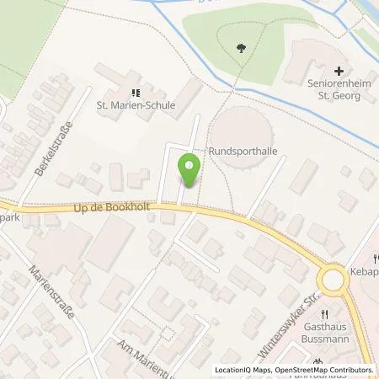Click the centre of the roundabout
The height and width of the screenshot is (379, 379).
(x=334, y=277)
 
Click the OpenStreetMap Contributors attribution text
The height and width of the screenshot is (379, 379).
(x=327, y=370)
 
